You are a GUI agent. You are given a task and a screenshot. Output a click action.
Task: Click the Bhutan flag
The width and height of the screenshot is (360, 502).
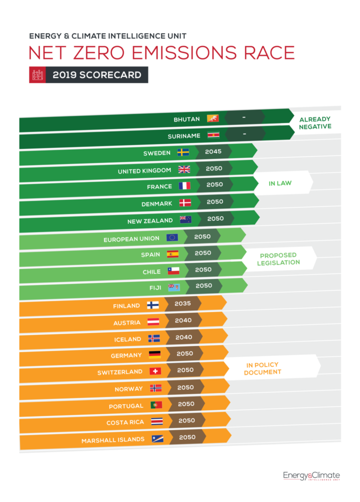[x=213, y=118]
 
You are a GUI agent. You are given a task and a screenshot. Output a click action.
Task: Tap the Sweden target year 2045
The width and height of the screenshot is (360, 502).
[x=213, y=151]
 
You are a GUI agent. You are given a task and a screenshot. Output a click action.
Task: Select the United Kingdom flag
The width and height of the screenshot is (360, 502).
[x=184, y=169]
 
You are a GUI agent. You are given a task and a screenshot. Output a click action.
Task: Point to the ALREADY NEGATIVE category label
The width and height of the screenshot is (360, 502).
[x=315, y=123]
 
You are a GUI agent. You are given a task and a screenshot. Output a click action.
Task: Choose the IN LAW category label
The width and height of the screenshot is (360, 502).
[x=280, y=183]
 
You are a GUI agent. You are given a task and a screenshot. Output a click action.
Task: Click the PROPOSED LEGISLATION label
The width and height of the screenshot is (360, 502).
[x=278, y=258]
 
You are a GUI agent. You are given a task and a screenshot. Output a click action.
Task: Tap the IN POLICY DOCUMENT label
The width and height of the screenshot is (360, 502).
[x=262, y=368]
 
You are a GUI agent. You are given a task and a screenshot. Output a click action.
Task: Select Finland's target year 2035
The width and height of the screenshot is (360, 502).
[x=182, y=303]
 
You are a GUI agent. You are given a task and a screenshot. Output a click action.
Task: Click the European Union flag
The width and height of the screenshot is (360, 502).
[x=172, y=238]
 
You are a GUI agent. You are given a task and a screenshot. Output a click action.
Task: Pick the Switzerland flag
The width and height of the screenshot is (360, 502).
[x=155, y=371]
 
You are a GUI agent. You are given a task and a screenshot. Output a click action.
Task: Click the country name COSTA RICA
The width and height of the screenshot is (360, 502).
[x=125, y=423]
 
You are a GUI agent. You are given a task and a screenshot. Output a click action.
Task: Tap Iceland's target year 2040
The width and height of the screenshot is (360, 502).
[x=183, y=337]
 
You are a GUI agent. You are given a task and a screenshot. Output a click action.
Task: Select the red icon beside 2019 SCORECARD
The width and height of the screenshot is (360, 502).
[x=37, y=75]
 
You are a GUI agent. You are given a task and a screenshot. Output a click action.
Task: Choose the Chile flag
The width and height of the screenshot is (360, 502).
[x=173, y=270]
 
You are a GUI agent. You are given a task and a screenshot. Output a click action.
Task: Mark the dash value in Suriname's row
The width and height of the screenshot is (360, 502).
[x=244, y=134]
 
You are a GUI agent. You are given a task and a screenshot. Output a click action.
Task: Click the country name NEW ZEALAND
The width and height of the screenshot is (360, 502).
[x=149, y=220]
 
